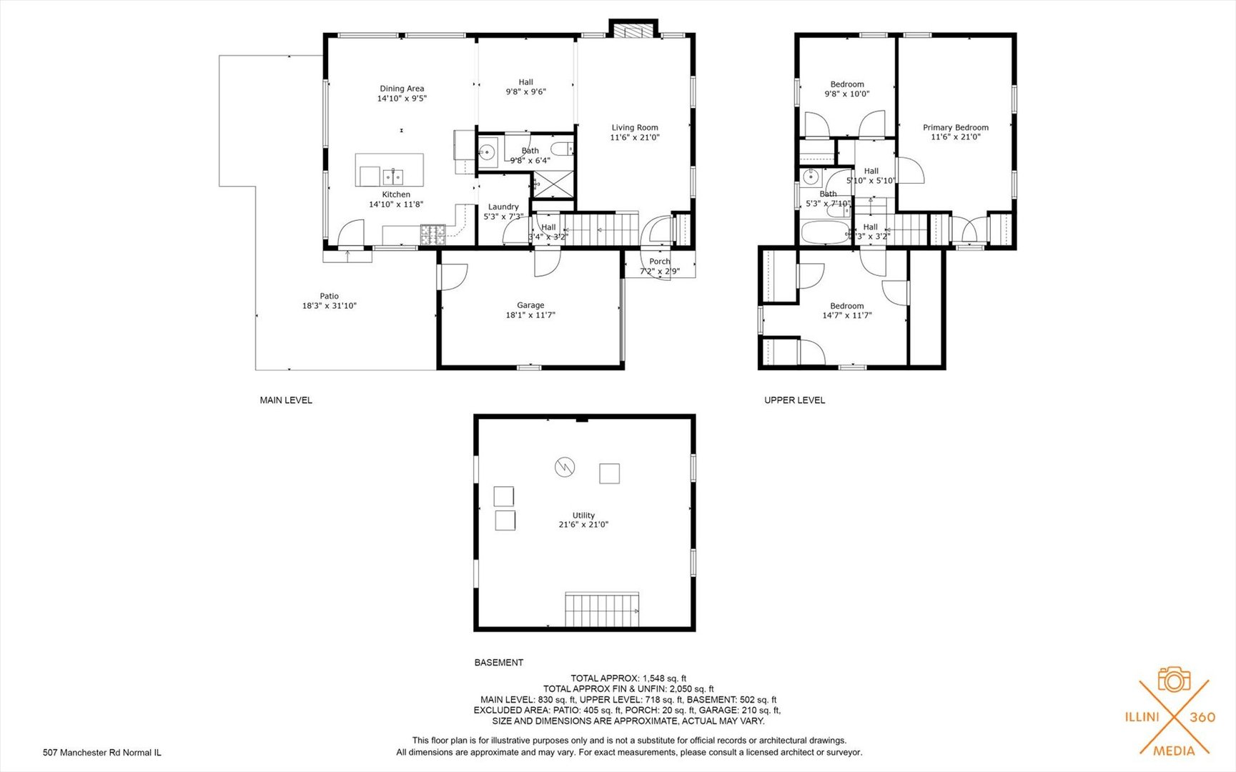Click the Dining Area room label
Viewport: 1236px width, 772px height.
[x=402, y=89]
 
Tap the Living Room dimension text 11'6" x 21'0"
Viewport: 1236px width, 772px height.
[x=634, y=137]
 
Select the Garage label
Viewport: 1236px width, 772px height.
[x=530, y=305]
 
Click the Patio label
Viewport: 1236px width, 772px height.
[x=329, y=296]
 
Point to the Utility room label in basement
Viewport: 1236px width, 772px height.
[x=583, y=515]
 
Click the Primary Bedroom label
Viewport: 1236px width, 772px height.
[x=955, y=128]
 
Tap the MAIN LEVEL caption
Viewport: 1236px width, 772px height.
[x=286, y=400]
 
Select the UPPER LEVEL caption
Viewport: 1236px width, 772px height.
[x=794, y=400]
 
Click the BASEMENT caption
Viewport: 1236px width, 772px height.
[x=498, y=663]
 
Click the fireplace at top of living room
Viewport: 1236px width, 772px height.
[x=632, y=31]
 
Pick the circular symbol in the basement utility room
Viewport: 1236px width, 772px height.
[x=565, y=467]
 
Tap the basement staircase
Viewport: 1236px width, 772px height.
[x=602, y=609]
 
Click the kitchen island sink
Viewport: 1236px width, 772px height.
[x=392, y=177]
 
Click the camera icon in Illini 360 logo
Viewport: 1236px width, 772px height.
[x=1174, y=680]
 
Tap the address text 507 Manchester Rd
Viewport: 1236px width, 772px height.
[x=102, y=753]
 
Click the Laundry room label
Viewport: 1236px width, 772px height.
[x=503, y=207]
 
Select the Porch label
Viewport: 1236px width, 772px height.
[x=659, y=262]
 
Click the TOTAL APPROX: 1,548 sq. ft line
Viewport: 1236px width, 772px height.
[x=628, y=678]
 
